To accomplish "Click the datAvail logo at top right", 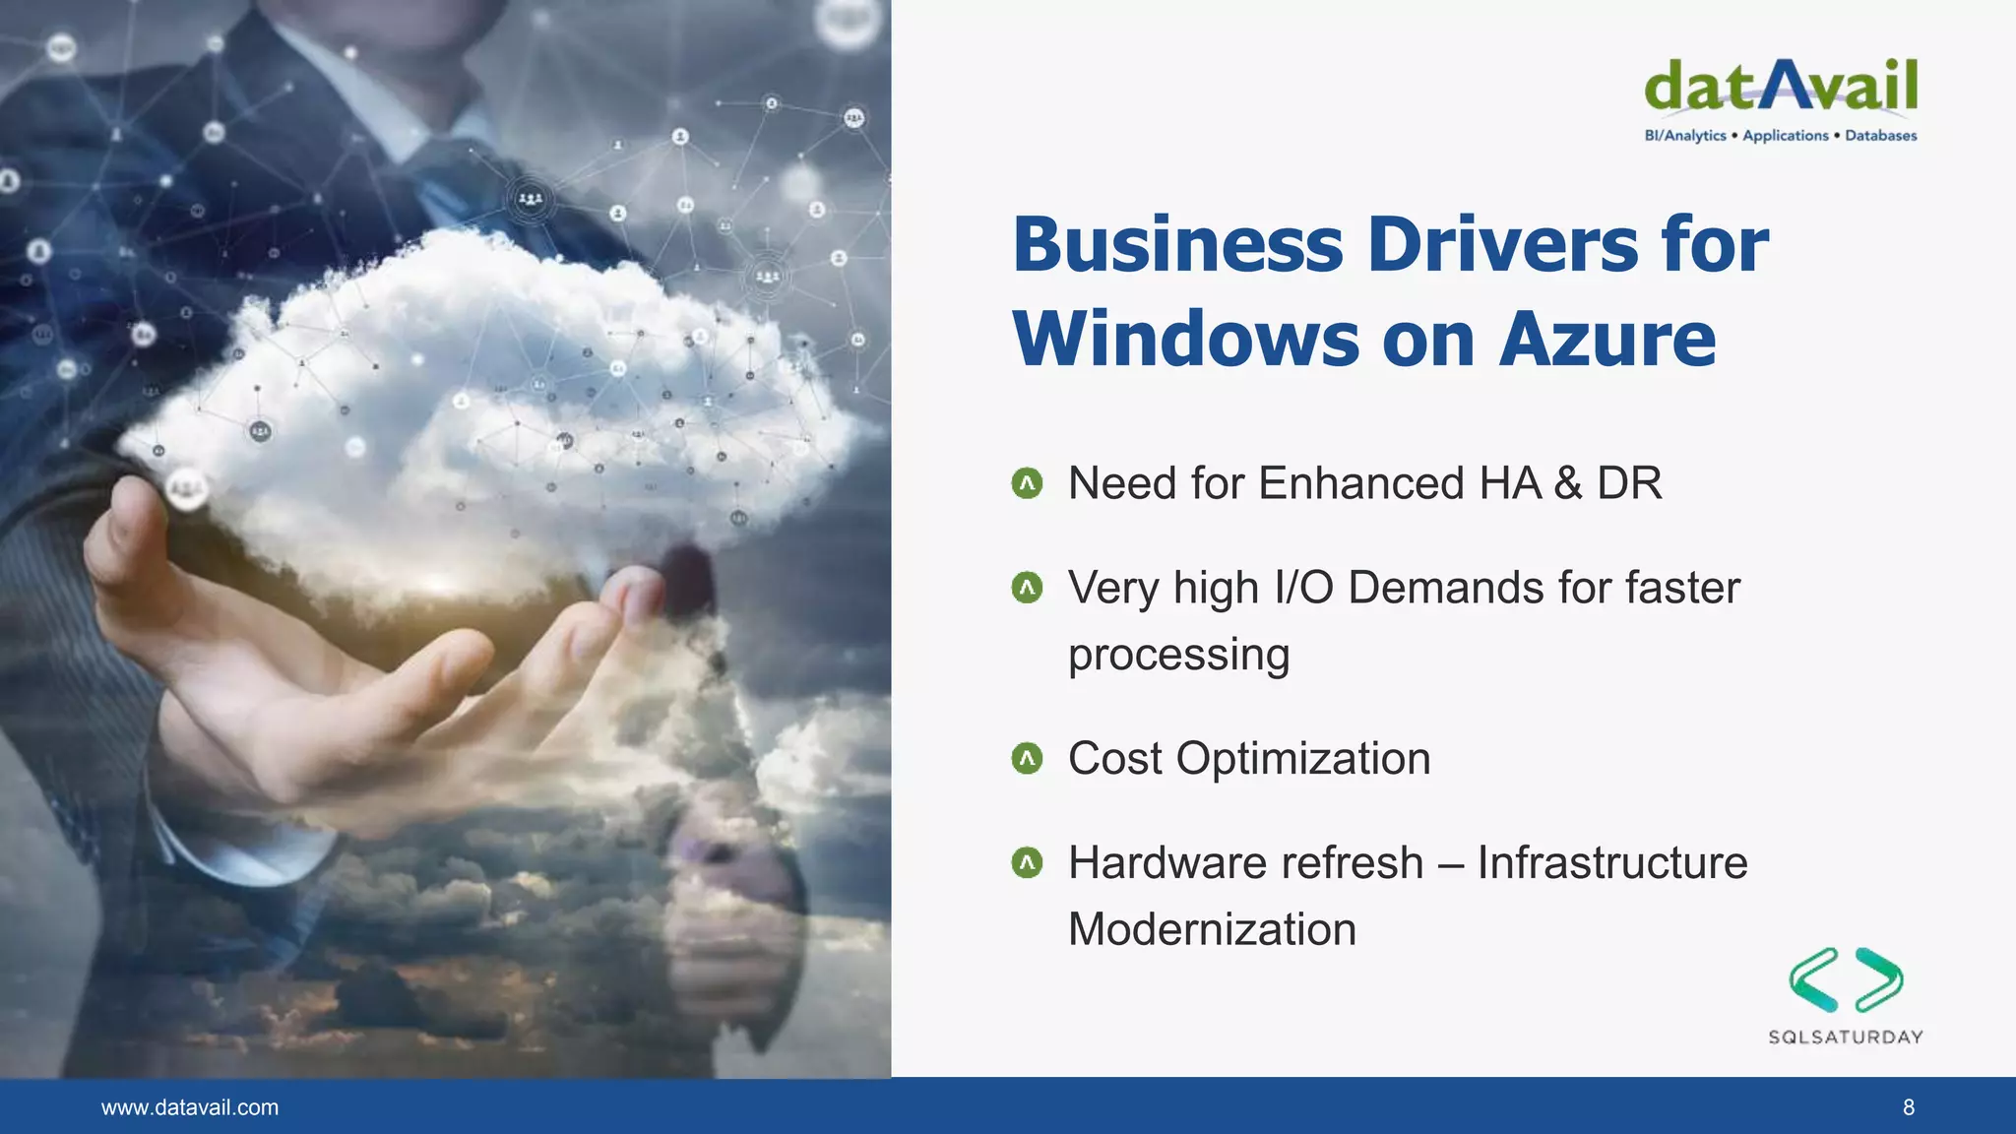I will pyautogui.click(x=1781, y=88).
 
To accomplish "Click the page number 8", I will pyautogui.click(x=1909, y=1107).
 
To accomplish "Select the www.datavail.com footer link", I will pyautogui.click(x=190, y=1107).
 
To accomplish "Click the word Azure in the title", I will pyautogui.click(x=1607, y=340).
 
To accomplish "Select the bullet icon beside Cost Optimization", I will pyautogui.click(x=1027, y=759).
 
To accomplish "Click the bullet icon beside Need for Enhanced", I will pyautogui.click(x=1027, y=483).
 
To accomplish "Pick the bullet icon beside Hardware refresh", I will pyautogui.click(x=1027, y=863).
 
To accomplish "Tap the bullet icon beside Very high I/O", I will pyautogui.click(x=1027, y=589).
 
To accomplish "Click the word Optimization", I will pyautogui.click(x=1303, y=759).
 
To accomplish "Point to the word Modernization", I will pyautogui.click(x=1212, y=929).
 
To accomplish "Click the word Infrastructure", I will pyautogui.click(x=1612, y=863).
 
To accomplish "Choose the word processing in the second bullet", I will pyautogui.click(x=1178, y=656).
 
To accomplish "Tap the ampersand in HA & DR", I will pyautogui.click(x=1568, y=483).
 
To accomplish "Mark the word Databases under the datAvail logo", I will pyautogui.click(x=1880, y=136).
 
